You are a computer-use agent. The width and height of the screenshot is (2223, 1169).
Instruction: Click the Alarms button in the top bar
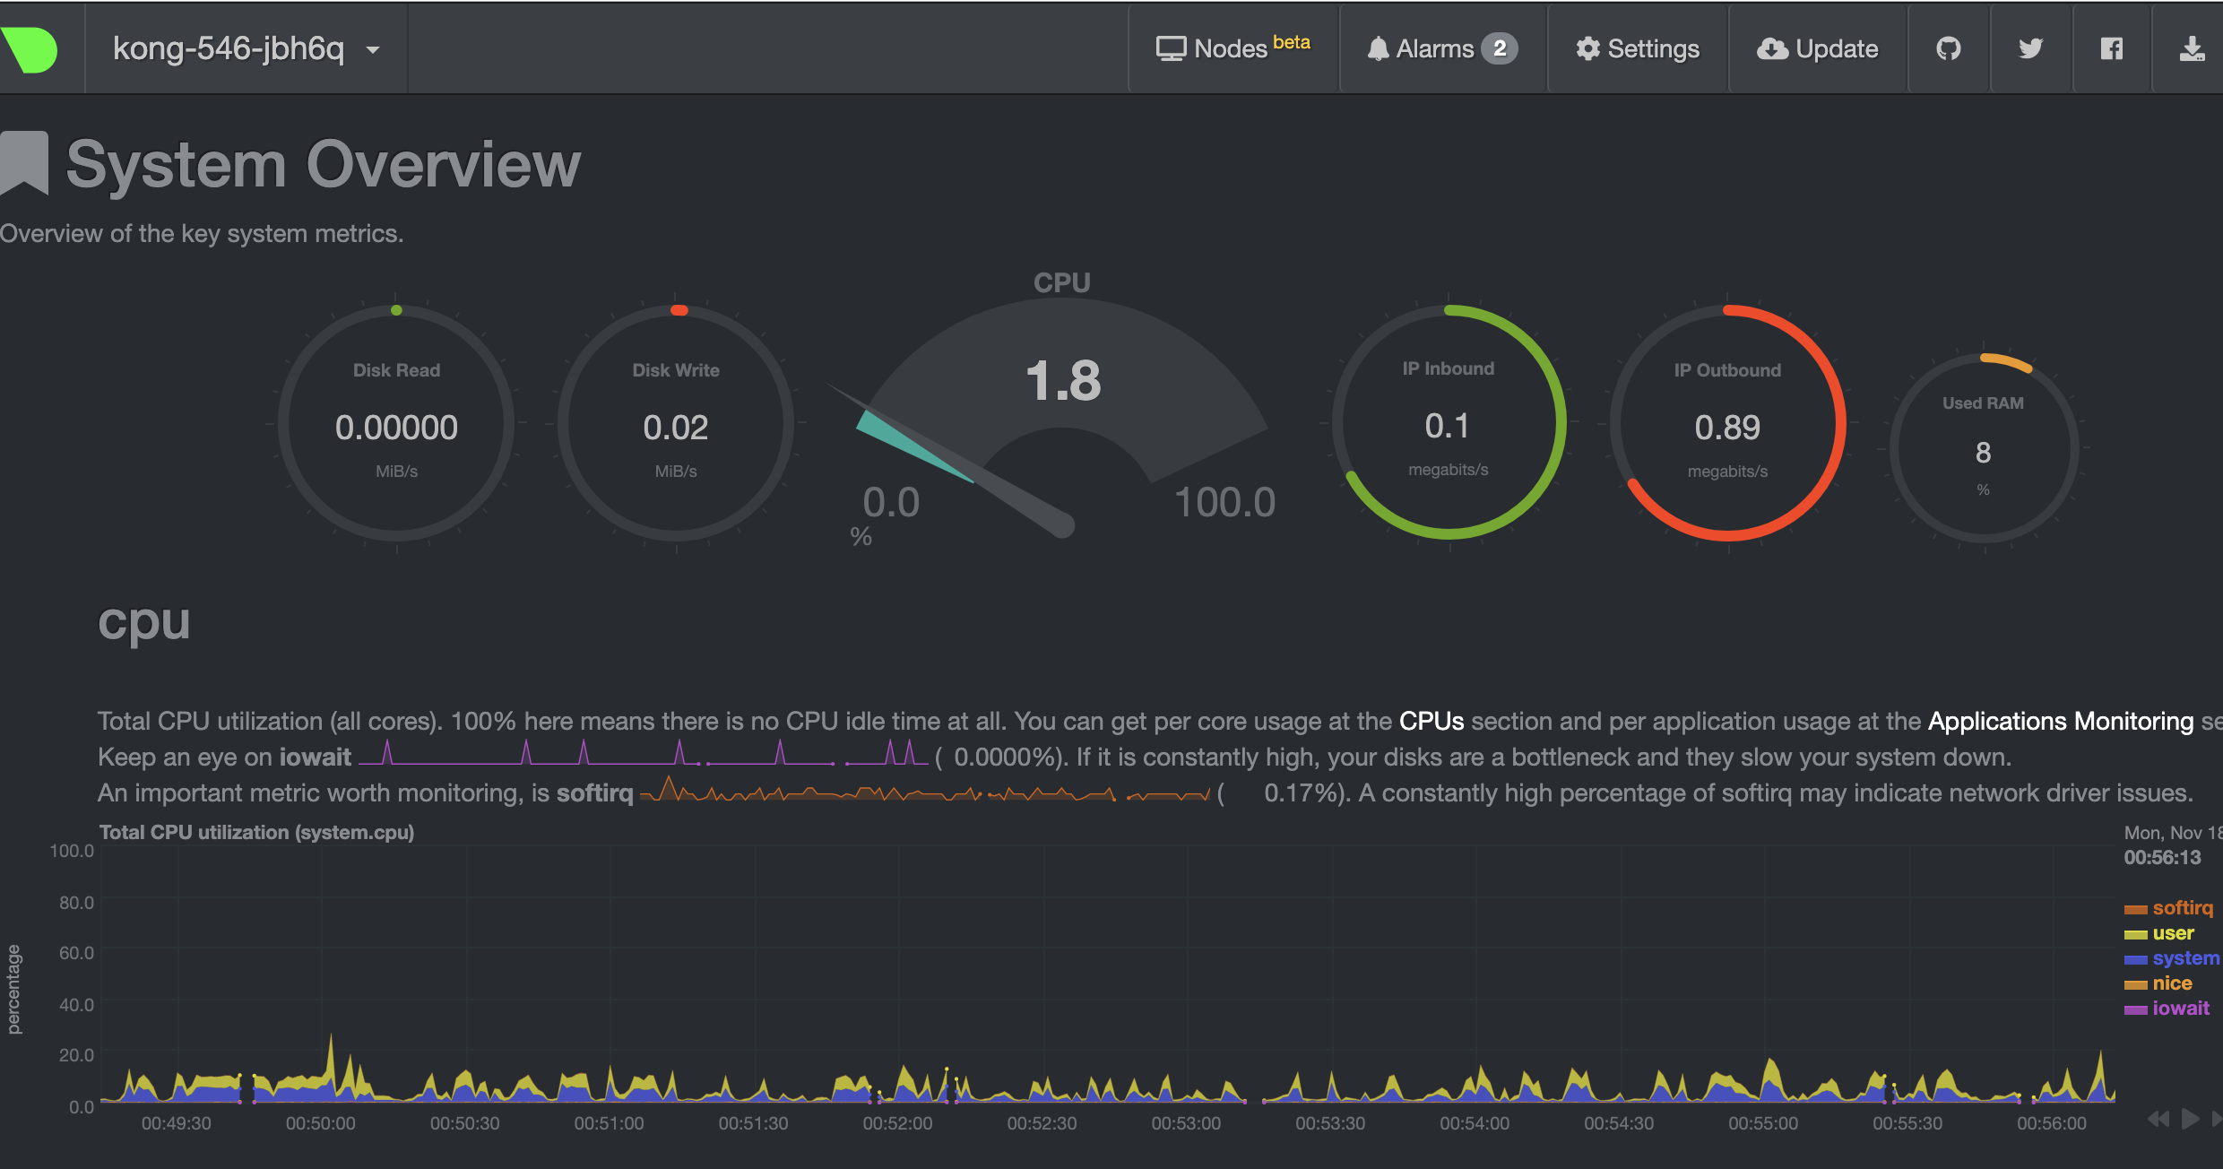pos(1441,48)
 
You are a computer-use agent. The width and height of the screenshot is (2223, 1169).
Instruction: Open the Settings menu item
pos(1638,48)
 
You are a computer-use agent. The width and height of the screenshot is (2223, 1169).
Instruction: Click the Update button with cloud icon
pos(1817,48)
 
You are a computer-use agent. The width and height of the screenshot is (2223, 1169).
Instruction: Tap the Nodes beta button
pos(1233,48)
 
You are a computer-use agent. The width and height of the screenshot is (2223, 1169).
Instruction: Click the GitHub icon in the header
pos(1948,48)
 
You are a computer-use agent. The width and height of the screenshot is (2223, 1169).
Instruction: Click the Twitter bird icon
pos(2030,48)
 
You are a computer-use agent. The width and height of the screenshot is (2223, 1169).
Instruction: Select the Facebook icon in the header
pos(2112,48)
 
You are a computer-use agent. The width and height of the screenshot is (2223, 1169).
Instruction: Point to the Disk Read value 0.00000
pos(396,428)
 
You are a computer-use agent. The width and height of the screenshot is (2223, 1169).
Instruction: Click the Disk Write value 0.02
pos(675,428)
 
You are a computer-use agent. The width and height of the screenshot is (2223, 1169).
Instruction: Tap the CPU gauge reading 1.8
pos(1062,381)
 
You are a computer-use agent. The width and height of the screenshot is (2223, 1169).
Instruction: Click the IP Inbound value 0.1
pos(1447,426)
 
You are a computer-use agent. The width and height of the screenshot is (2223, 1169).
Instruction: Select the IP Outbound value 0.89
pos(1726,428)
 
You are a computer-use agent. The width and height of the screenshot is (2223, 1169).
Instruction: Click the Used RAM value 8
pos(1983,453)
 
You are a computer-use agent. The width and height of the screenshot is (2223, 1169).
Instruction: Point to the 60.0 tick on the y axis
pos(76,953)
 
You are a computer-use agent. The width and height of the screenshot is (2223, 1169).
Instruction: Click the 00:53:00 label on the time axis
pos(1185,1123)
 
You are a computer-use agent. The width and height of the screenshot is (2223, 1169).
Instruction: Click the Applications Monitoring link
pos(2060,722)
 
